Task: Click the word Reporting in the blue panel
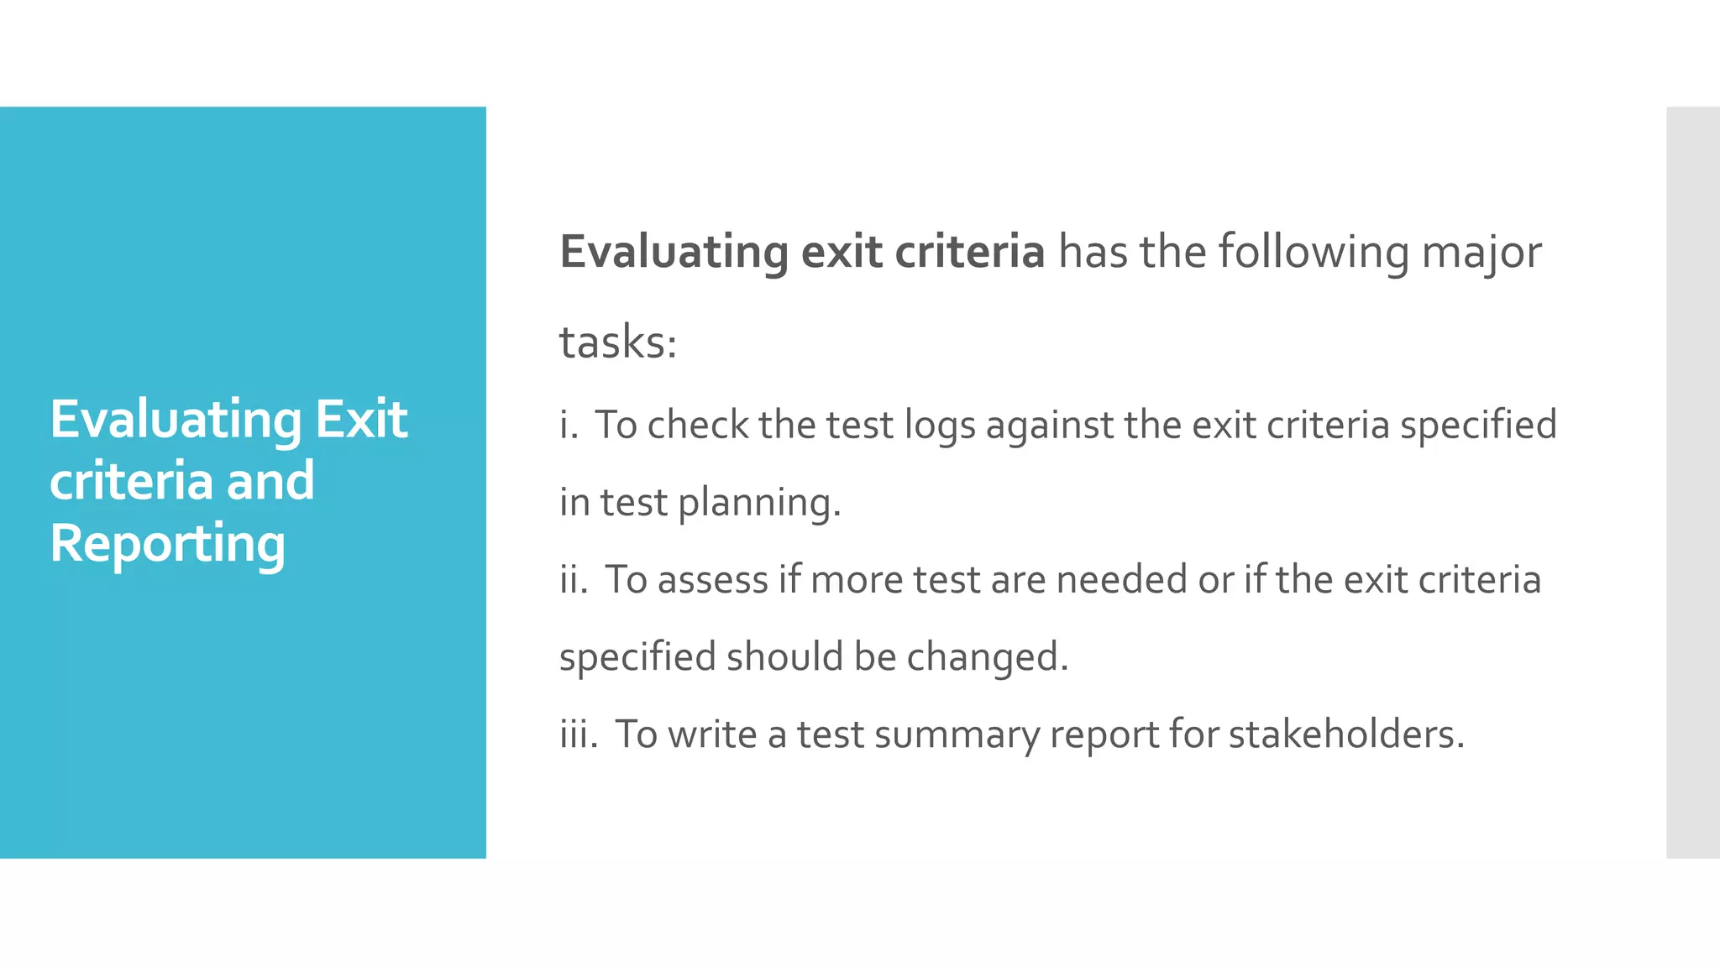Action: (x=168, y=543)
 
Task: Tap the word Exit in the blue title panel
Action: (x=361, y=419)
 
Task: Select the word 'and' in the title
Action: (x=270, y=481)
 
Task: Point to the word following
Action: (x=1313, y=252)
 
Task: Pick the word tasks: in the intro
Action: (x=618, y=342)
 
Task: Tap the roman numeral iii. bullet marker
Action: (x=579, y=734)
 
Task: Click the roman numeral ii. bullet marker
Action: (x=574, y=580)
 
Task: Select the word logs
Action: (x=940, y=426)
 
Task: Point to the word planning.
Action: (x=758, y=504)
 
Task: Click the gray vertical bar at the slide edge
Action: (x=1692, y=483)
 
